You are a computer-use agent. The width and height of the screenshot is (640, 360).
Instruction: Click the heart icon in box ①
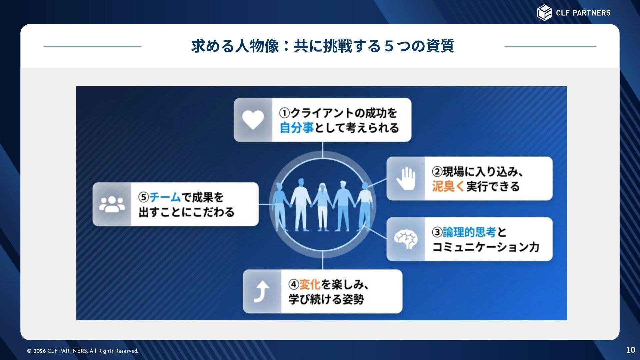(x=253, y=120)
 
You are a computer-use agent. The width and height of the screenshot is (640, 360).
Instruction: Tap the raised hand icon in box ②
(x=406, y=178)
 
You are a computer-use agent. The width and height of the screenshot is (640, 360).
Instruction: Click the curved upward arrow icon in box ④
(x=262, y=291)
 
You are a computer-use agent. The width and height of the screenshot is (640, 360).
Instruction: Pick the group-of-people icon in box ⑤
(x=112, y=204)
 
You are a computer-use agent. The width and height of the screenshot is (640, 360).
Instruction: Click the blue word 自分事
(x=297, y=128)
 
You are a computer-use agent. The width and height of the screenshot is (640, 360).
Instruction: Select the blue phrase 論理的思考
(x=469, y=232)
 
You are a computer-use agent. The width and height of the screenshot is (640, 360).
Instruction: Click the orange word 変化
(x=310, y=284)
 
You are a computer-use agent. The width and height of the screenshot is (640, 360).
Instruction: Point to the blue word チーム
(x=165, y=197)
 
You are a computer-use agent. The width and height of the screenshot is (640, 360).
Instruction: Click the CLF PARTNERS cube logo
(x=544, y=13)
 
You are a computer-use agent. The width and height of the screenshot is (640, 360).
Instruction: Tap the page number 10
(x=630, y=350)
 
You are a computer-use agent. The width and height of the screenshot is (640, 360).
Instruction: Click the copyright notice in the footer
(x=83, y=351)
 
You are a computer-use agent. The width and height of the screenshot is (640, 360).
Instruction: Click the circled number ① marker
(x=284, y=113)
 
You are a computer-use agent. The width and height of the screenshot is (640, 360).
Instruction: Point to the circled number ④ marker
(x=294, y=284)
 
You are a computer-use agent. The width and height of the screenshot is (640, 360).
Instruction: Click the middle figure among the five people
(x=322, y=207)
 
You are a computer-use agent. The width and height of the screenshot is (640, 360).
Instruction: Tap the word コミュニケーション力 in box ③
(x=486, y=247)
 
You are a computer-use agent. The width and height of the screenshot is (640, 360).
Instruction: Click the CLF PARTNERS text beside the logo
(x=583, y=13)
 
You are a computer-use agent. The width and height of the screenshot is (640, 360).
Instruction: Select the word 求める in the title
(x=213, y=46)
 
